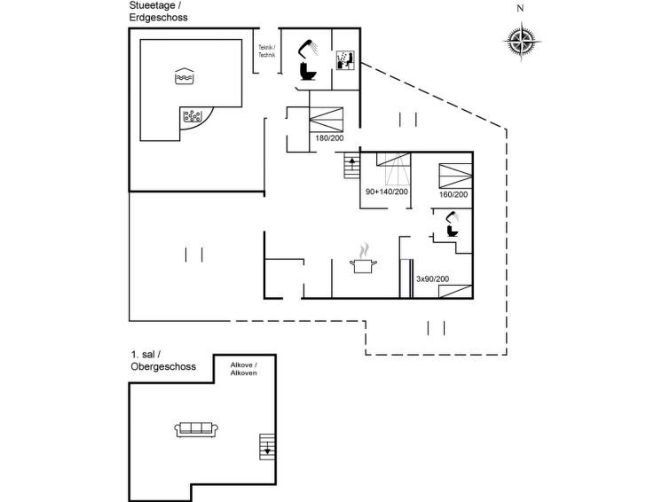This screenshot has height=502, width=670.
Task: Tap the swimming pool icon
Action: tap(185, 76)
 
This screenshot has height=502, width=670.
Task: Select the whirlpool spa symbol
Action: tap(193, 116)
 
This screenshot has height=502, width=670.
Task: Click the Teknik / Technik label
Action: tap(267, 51)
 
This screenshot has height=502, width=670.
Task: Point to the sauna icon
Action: tap(345, 60)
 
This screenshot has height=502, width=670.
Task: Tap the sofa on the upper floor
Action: tap(196, 429)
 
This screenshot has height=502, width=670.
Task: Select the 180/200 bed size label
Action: tap(329, 138)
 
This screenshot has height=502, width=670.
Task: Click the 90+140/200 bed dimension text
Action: tap(387, 192)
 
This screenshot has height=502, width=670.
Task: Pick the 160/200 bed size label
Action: tap(453, 194)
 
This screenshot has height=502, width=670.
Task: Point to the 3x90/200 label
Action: tap(432, 279)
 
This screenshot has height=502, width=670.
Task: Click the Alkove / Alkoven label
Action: tap(243, 369)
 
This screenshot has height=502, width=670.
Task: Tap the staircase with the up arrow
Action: tap(352, 165)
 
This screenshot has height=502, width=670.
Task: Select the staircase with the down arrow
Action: tap(267, 447)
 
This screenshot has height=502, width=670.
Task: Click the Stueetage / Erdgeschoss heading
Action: tap(159, 12)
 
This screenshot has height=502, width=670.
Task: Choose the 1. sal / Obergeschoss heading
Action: tap(163, 361)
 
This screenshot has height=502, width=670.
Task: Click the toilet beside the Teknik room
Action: tap(309, 71)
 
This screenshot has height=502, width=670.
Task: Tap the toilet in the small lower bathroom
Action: tap(452, 231)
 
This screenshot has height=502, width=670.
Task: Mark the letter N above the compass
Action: tap(520, 8)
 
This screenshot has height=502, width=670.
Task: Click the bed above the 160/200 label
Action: tap(455, 176)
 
